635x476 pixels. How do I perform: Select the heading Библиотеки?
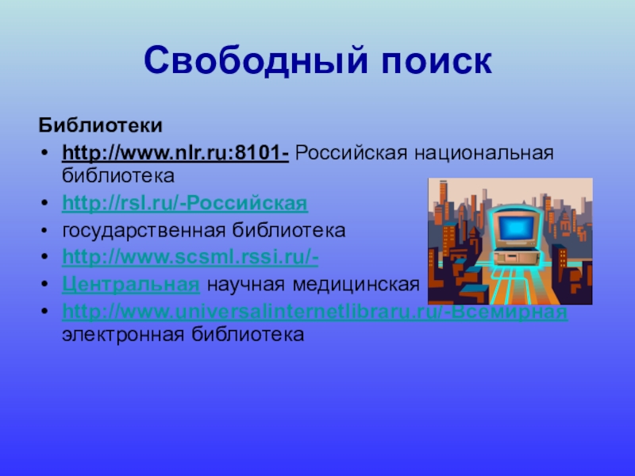(x=101, y=125)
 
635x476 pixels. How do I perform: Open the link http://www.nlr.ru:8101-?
(x=175, y=152)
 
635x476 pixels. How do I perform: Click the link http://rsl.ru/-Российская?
(x=184, y=204)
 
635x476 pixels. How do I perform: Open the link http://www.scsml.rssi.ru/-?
(x=190, y=257)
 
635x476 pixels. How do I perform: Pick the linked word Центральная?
(x=129, y=283)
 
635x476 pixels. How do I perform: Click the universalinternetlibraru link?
(x=262, y=310)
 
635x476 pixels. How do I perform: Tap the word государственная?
(x=145, y=231)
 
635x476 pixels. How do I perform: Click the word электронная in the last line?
(x=123, y=334)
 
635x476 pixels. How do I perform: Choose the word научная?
(x=243, y=283)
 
